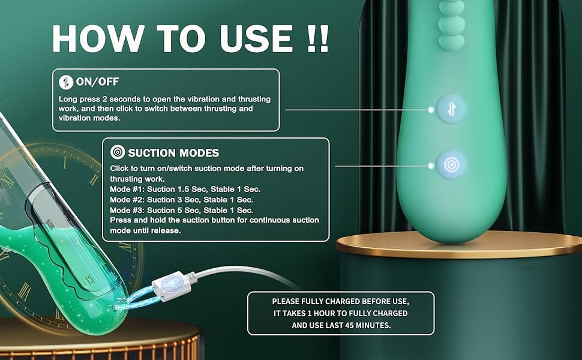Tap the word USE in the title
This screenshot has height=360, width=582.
pos(256,38)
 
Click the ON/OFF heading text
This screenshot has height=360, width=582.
pos(97,82)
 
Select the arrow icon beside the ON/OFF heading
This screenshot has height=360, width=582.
pos(65,82)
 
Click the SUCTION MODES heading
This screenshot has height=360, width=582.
pos(173,153)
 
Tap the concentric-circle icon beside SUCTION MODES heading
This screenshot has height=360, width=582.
pos(117,152)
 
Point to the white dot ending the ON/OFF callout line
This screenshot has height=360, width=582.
pos(431,110)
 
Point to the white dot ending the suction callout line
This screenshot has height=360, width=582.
pos(431,166)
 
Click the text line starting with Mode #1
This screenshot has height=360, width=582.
pos(185,189)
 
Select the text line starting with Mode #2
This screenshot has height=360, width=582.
pos(182,200)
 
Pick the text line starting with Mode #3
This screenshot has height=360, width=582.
pos(182,210)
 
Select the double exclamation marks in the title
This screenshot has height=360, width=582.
pos(319,38)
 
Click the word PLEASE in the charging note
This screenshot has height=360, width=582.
pos(286,301)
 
